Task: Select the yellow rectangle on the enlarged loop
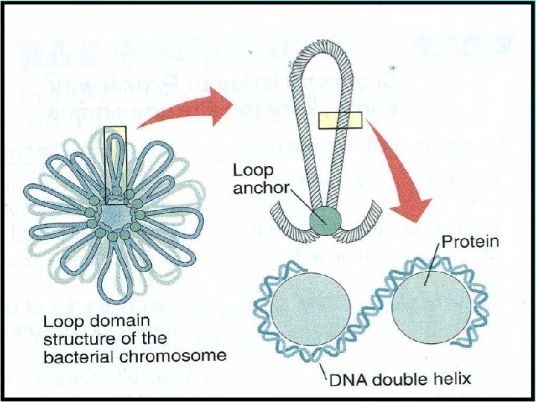(x=339, y=121)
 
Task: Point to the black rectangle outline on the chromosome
(x=115, y=165)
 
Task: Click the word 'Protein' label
(x=470, y=242)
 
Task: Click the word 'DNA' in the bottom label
(x=347, y=380)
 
